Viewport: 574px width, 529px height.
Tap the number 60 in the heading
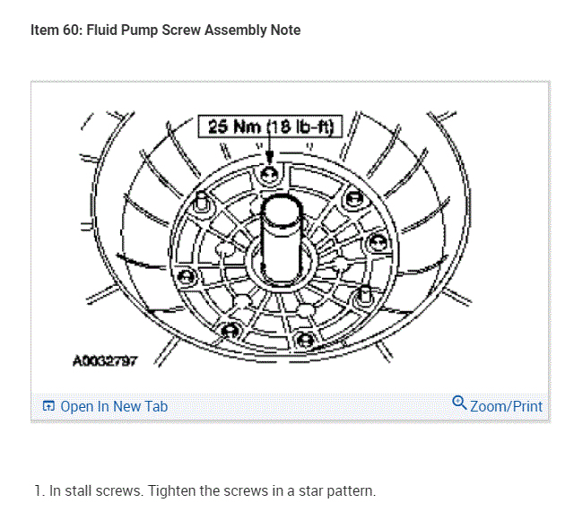pyautogui.click(x=73, y=30)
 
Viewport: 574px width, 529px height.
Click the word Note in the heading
pyautogui.click(x=285, y=30)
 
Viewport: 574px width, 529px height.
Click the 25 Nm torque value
pyautogui.click(x=235, y=126)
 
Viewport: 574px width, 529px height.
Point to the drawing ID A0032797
pyautogui.click(x=105, y=360)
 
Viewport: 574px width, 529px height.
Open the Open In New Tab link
pyautogui.click(x=114, y=406)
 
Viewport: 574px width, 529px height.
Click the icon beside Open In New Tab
pyautogui.click(x=49, y=406)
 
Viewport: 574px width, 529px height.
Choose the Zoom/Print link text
pyautogui.click(x=506, y=406)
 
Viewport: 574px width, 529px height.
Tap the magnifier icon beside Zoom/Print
pyautogui.click(x=459, y=403)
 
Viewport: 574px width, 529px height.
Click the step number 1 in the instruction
pyautogui.click(x=37, y=491)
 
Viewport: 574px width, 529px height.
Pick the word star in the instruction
pyautogui.click(x=302, y=491)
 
